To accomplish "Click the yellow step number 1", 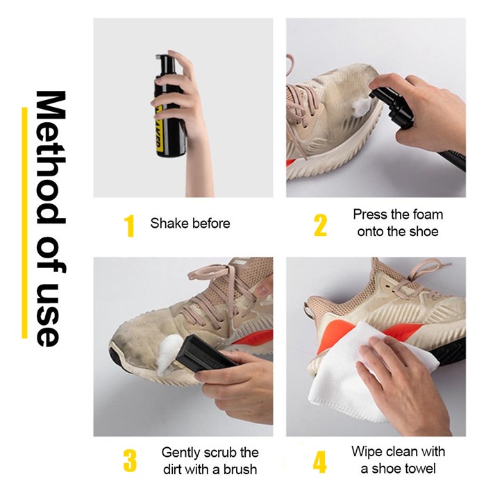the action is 130,226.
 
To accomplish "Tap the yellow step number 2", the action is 320,226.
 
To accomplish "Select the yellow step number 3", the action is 130,460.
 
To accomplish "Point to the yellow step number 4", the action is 319,461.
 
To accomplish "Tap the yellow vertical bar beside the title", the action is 24,223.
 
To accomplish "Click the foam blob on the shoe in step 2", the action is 360,106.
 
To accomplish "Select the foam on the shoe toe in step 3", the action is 169,355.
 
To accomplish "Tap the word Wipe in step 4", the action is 367,451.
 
